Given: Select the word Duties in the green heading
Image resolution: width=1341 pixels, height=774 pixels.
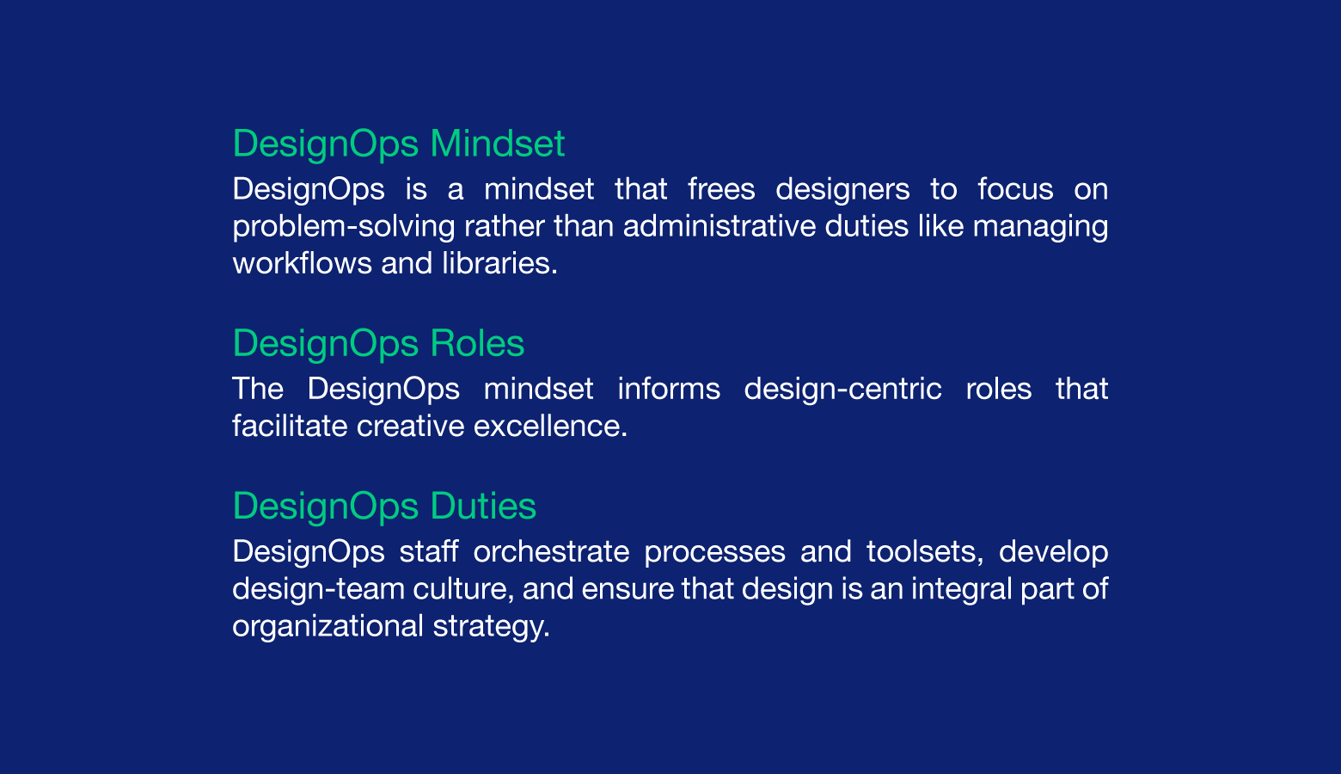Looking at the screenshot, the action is pyautogui.click(x=483, y=507).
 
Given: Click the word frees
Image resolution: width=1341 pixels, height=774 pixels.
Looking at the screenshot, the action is pyautogui.click(x=721, y=189).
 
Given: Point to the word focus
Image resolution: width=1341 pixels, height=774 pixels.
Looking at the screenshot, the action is pyautogui.click(x=1015, y=189).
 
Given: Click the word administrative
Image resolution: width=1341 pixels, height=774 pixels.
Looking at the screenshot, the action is pyautogui.click(x=719, y=226).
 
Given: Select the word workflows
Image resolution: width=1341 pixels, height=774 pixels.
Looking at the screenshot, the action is pyautogui.click(x=303, y=264).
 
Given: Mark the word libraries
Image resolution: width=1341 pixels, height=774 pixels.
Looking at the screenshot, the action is pyautogui.click(x=500, y=264).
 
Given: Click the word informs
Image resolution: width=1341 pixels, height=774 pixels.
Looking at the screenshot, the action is pyautogui.click(x=669, y=389).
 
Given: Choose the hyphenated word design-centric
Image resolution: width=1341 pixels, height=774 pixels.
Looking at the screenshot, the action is pyautogui.click(x=843, y=390).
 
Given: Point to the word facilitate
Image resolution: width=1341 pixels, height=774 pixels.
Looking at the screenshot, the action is pyautogui.click(x=290, y=427).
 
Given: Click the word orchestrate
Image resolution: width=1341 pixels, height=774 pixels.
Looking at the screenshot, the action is pyautogui.click(x=551, y=552).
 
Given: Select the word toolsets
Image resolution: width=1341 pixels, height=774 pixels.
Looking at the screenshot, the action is pyautogui.click(x=925, y=552).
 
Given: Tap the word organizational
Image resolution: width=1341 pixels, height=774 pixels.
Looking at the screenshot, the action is pyautogui.click(x=328, y=627).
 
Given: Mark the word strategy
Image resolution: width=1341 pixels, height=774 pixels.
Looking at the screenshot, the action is pyautogui.click(x=492, y=627).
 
